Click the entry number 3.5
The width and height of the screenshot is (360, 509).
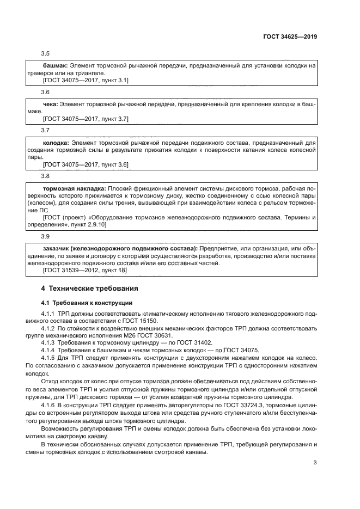[46, 53]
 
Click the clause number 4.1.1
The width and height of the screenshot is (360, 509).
[49, 314]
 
